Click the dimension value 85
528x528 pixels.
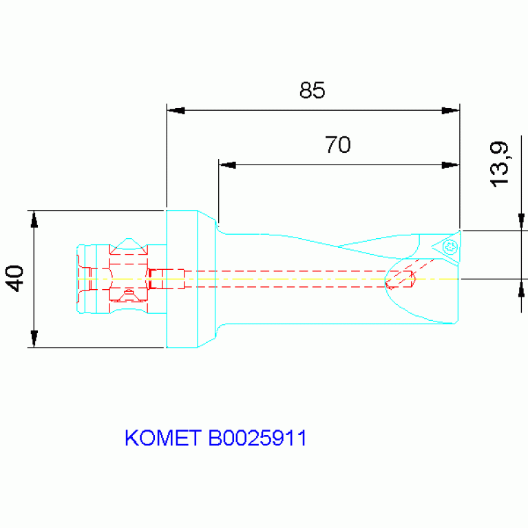[311, 90]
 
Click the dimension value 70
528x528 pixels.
[337, 145]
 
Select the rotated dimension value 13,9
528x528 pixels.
[499, 163]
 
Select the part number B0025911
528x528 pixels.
[257, 438]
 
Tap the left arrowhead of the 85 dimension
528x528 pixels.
[176, 110]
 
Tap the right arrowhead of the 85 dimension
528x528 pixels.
[450, 110]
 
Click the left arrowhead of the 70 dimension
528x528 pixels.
[227, 165]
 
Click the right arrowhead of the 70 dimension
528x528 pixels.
[450, 165]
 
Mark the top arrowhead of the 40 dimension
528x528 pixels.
[34, 218]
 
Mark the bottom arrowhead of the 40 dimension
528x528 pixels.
[34, 339]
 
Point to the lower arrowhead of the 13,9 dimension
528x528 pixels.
[522, 287]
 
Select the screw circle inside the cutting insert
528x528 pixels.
[452, 247]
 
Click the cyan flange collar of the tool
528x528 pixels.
[182, 279]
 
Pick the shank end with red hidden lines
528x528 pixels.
[114, 278]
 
